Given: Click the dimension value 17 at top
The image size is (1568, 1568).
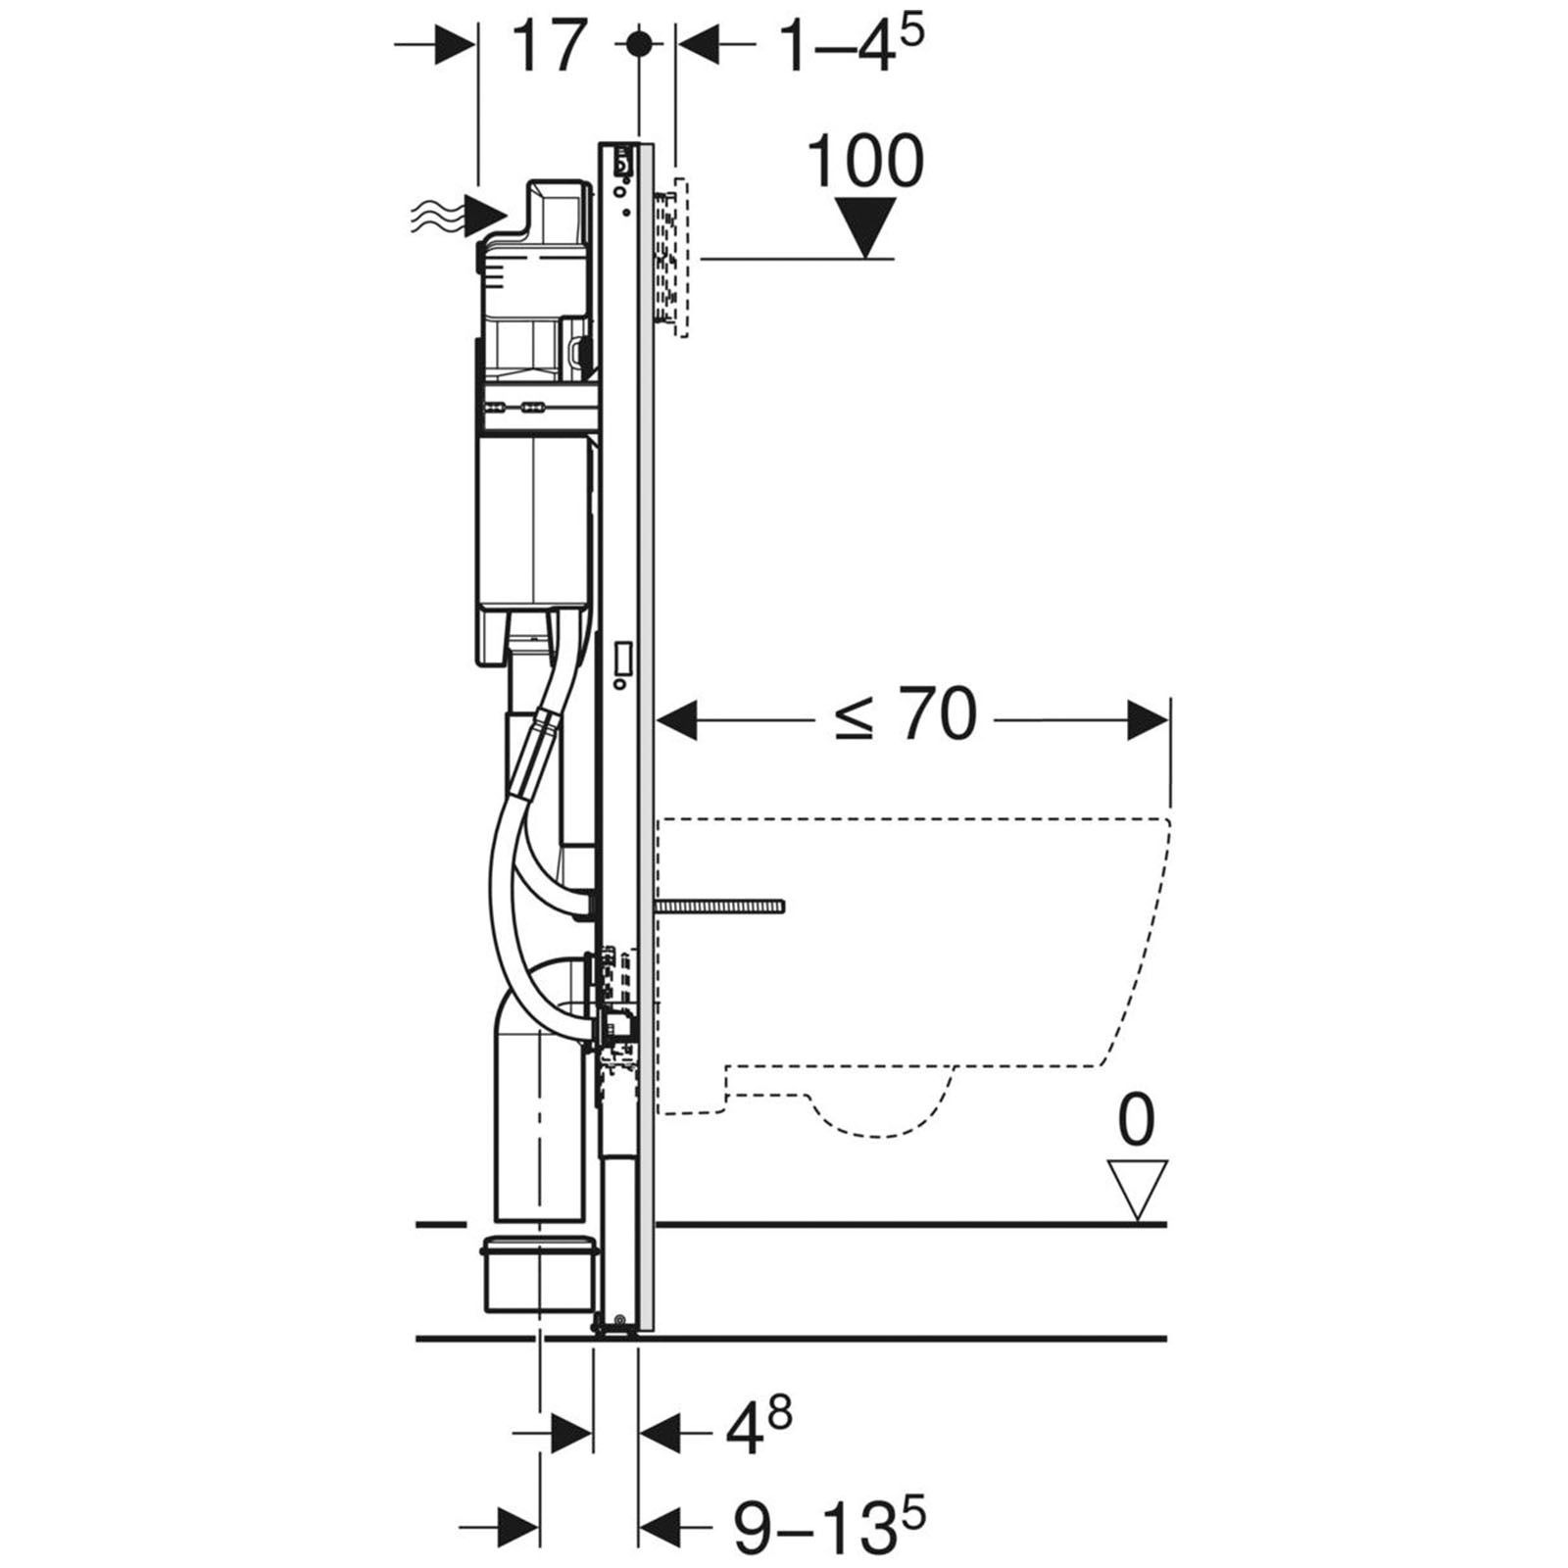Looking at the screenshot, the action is point(550,46).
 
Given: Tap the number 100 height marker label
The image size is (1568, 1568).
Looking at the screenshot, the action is point(865,162).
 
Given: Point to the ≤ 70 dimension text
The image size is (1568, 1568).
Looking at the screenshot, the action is point(906,715).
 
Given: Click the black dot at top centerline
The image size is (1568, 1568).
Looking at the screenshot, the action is point(638,44).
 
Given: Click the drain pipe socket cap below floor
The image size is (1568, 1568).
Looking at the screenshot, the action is point(538,1275).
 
